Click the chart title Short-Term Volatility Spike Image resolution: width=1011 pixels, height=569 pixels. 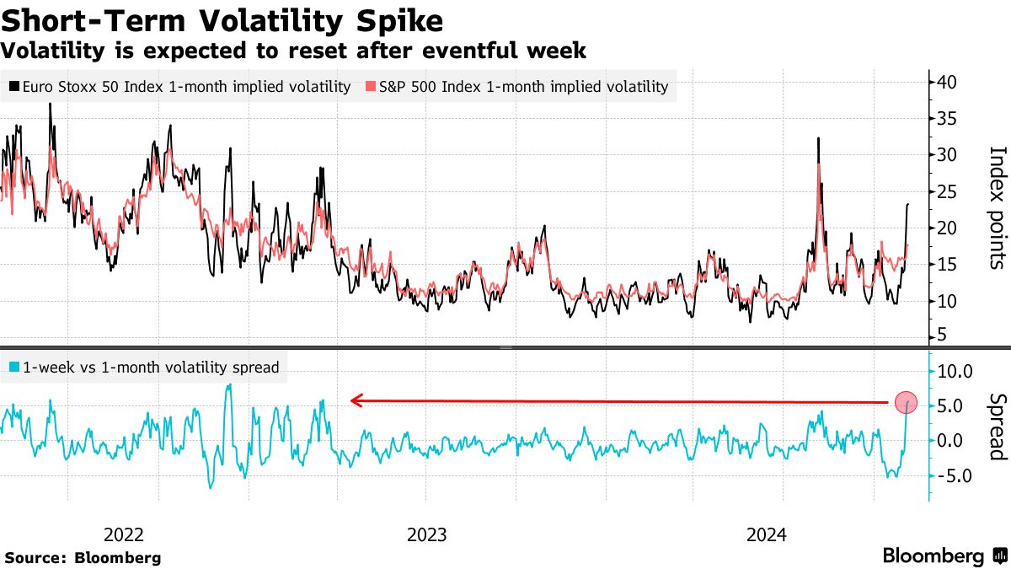click(222, 19)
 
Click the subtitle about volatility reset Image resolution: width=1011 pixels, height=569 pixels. click(293, 51)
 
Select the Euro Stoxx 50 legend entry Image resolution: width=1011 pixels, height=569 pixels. click(180, 86)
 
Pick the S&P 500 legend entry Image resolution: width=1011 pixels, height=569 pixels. click(516, 86)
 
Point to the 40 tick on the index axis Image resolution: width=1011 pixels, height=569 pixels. click(946, 82)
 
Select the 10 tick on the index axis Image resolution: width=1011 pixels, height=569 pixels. click(946, 301)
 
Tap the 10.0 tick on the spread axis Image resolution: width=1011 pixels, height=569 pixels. click(955, 370)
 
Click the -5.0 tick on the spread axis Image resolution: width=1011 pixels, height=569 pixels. click(955, 475)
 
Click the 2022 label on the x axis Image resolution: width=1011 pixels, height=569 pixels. click(124, 534)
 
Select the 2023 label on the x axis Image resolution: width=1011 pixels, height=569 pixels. click(427, 534)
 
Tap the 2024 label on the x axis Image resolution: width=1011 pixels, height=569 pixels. click(767, 534)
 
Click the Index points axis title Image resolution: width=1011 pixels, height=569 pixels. click(997, 207)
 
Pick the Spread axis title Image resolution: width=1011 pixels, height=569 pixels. click(997, 427)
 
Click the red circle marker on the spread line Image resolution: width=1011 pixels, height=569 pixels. click(906, 403)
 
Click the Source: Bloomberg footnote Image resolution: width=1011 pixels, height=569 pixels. click(83, 557)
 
